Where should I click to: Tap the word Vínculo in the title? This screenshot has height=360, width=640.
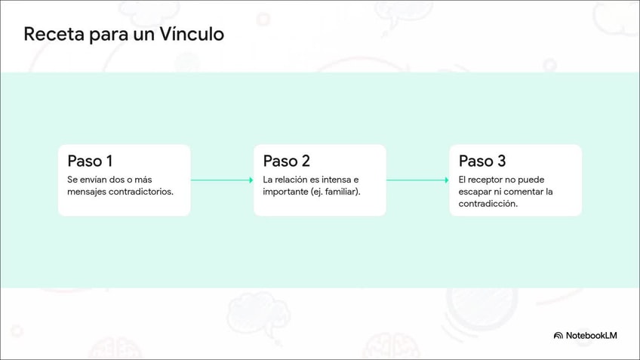pyautogui.click(x=192, y=33)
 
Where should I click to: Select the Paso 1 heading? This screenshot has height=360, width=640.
pyautogui.click(x=90, y=161)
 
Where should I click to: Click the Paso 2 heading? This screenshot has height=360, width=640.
pyautogui.click(x=286, y=161)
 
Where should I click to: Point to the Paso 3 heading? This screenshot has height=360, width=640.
pyautogui.click(x=482, y=161)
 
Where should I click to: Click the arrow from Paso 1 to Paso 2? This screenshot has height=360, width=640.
pyautogui.click(x=222, y=180)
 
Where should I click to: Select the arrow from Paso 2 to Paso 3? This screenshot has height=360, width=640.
pyautogui.click(x=417, y=180)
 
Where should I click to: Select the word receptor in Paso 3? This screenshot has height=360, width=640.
pyautogui.click(x=485, y=180)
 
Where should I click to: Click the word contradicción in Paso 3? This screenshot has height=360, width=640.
pyautogui.click(x=488, y=204)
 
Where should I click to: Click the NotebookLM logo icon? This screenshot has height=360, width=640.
pyautogui.click(x=558, y=336)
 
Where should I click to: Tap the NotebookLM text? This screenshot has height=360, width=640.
pyautogui.click(x=591, y=336)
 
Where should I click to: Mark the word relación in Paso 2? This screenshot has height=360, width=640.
pyautogui.click(x=291, y=180)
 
